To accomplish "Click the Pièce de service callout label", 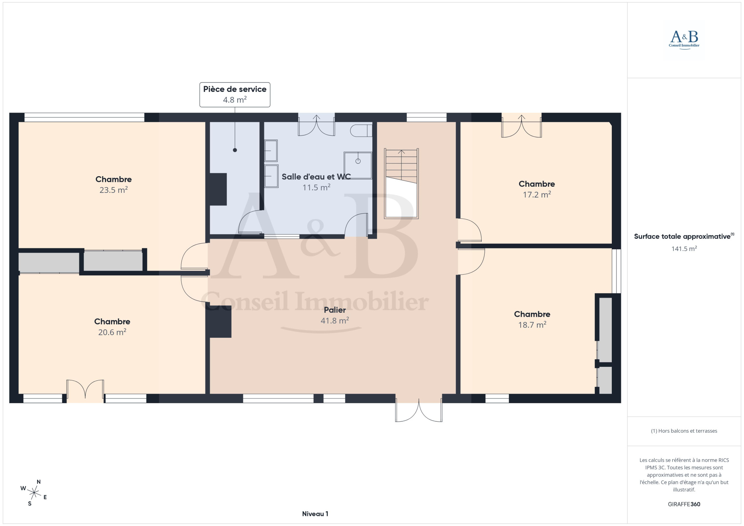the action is coord(235,89).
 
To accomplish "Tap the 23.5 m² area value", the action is coord(113,190).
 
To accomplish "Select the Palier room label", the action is coord(335,310).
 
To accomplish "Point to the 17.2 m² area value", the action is coord(537,194).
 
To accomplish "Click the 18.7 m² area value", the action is coord(532,324).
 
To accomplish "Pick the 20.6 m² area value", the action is coord(112,332).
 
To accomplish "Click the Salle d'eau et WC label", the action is coord(316,177).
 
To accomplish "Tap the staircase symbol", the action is coord(401,183).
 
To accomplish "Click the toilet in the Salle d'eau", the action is coord(361,130).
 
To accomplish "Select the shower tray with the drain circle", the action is coord(358,165).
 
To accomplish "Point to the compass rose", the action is coord(34,493).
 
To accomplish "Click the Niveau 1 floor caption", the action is coord(315,514).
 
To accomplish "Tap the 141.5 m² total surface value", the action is coord(684,249).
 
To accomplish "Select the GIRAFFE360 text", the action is coord(684,504).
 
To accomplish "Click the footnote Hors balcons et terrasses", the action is coord(684,431).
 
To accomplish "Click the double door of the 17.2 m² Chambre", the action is coord(521,126).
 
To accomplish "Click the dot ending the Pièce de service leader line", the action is coord(235,150).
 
